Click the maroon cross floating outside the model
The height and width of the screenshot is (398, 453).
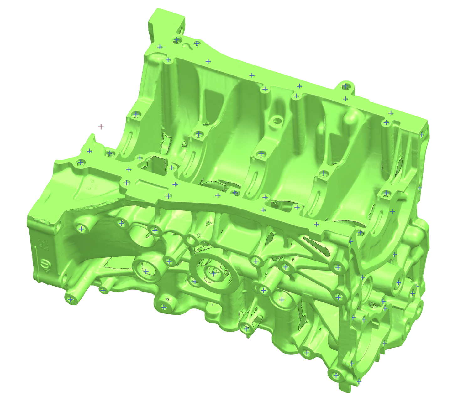(x=101, y=127)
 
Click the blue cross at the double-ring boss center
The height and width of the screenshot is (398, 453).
(x=213, y=274)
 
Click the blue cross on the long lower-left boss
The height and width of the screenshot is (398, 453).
(x=70, y=299)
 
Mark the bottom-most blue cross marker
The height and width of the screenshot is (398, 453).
(x=359, y=381)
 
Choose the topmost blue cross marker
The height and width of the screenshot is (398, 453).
(x=177, y=39)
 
